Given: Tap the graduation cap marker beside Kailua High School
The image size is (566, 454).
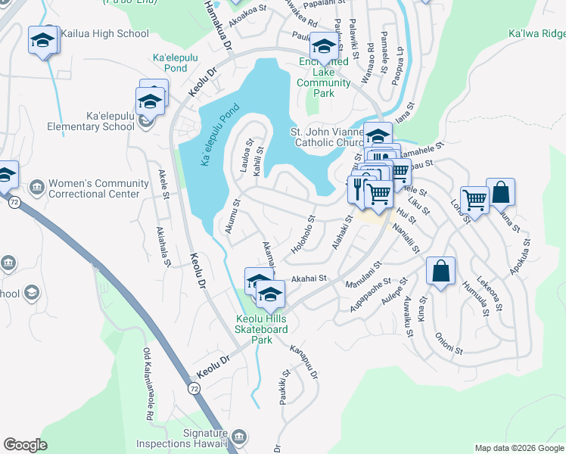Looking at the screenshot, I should [43, 42].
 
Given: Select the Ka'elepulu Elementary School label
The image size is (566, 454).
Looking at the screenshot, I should [91, 121].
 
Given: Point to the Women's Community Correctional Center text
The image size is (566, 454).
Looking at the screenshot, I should [98, 188].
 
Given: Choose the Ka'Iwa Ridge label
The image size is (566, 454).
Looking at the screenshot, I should [536, 34].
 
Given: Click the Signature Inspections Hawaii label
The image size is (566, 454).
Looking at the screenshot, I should [182, 438].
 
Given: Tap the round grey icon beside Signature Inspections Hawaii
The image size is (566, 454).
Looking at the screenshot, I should [238, 437].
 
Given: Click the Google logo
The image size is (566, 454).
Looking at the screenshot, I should [25, 445].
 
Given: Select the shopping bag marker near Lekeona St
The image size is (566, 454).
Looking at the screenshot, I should [500, 193].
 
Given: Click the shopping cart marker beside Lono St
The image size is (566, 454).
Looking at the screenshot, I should [474, 201].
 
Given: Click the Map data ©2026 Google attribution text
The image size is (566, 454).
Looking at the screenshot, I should [519, 448].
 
